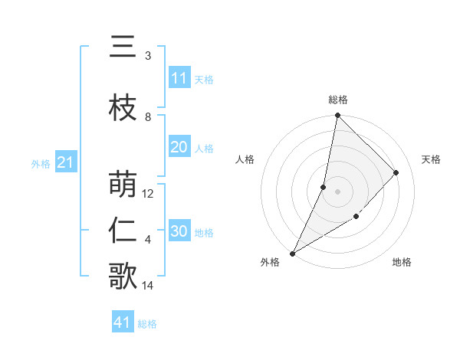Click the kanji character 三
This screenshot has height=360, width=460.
(123, 47)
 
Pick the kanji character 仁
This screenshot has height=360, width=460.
(123, 231)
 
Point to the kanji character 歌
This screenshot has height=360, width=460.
(123, 277)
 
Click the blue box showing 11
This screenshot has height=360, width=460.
(179, 78)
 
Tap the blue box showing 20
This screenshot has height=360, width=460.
(179, 148)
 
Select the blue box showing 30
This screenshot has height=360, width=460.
(179, 232)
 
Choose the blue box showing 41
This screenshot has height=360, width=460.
(123, 322)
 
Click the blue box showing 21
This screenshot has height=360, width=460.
(65, 162)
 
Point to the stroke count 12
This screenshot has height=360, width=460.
(149, 194)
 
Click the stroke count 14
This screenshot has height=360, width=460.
(149, 286)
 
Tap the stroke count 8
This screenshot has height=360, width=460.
(148, 117)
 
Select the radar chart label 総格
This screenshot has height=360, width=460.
(337, 100)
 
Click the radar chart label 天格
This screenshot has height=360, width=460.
(431, 159)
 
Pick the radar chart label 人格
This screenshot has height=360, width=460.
(245, 159)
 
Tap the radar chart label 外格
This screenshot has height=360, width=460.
(269, 263)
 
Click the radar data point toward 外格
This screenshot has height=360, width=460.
(292, 253)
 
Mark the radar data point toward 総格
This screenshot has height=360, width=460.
(337, 116)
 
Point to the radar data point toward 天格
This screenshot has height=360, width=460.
(396, 172)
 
